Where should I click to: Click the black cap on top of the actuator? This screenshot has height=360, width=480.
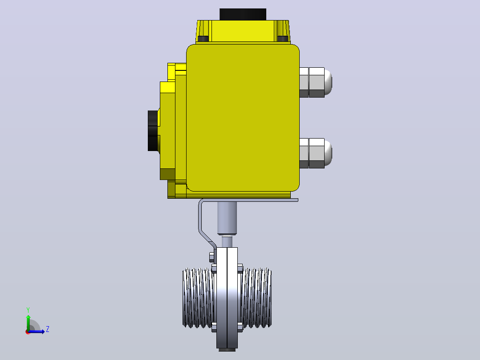(243, 14)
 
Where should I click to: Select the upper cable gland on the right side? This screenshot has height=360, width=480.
(315, 82)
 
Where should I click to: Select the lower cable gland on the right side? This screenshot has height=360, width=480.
(315, 153)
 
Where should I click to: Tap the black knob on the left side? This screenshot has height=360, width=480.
(154, 131)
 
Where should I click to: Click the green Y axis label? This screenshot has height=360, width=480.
(28, 310)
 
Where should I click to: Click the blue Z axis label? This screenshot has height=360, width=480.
(48, 329)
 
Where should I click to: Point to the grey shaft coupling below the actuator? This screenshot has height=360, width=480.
(227, 218)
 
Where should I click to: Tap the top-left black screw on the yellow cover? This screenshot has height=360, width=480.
(203, 39)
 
